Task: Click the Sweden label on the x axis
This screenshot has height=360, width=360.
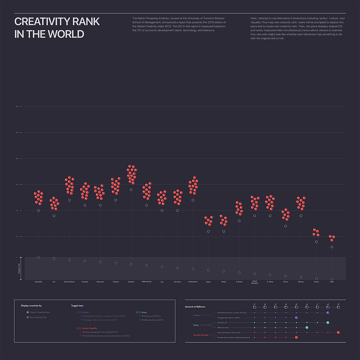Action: click(131, 282)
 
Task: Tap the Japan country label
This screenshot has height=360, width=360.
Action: click(208, 282)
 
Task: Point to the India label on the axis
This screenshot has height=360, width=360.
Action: click(332, 282)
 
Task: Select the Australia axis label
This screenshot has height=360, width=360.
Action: click(39, 282)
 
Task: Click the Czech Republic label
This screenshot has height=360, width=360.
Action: click(255, 283)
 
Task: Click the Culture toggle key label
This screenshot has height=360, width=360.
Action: click(85, 312)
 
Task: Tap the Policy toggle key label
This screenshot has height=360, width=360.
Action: click(144, 312)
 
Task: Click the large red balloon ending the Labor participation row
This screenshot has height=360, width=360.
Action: click(338, 333)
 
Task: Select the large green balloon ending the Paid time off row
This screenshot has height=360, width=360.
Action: click(328, 323)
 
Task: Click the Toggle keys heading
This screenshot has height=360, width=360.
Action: click(78, 305)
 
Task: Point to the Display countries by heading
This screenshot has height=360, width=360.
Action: click(31, 305)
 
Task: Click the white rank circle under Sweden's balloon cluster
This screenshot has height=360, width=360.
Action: click(131, 190)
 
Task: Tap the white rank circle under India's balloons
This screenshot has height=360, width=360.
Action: click(332, 247)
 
